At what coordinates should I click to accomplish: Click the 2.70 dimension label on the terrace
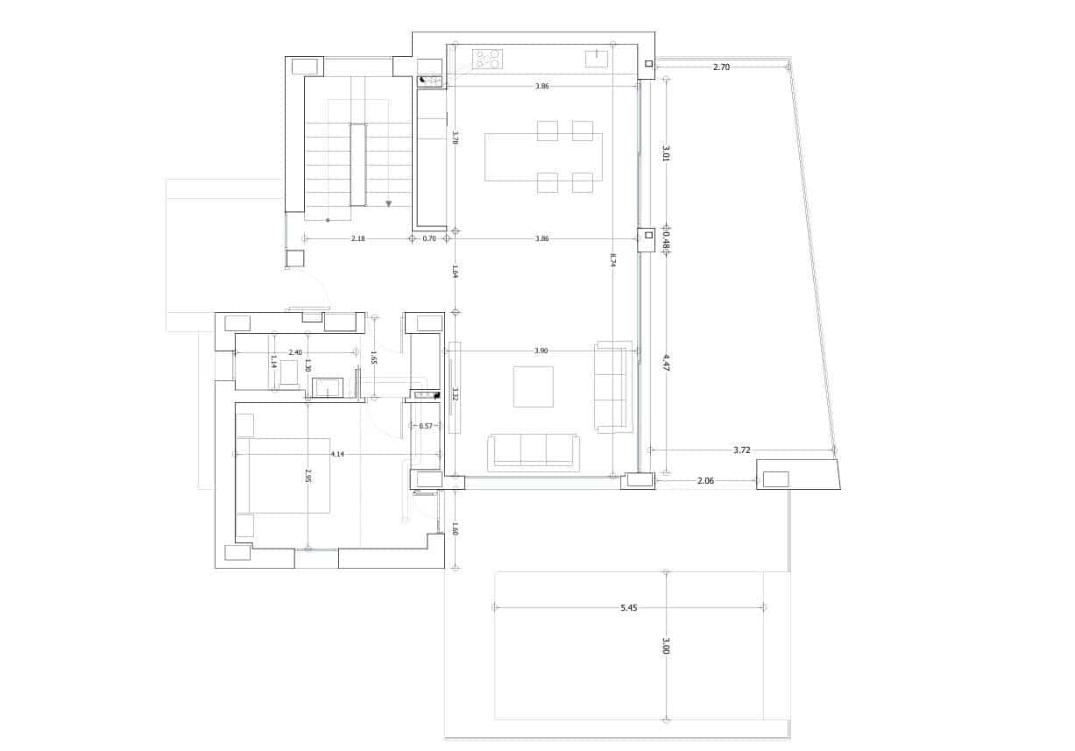(x=721, y=67)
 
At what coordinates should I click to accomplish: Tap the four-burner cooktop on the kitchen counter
(x=487, y=59)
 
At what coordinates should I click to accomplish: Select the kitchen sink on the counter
(x=597, y=58)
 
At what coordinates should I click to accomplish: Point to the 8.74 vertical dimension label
(x=612, y=259)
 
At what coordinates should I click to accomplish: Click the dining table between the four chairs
(x=543, y=157)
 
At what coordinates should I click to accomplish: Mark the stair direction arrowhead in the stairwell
(x=388, y=203)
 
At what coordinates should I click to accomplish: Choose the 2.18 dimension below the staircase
(x=357, y=238)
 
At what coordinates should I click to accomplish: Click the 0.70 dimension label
(x=429, y=238)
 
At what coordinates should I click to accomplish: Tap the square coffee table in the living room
(x=534, y=386)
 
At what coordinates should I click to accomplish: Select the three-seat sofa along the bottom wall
(x=534, y=450)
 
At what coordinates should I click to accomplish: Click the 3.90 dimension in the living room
(x=541, y=351)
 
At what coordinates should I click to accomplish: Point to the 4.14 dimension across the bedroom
(x=337, y=454)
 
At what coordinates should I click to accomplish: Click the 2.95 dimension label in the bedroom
(x=308, y=476)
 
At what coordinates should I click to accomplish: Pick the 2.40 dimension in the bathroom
(x=295, y=352)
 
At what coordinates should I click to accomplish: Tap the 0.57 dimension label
(x=426, y=426)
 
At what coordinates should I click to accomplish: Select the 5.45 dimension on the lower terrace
(x=628, y=607)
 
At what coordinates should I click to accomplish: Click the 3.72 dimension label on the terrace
(x=741, y=450)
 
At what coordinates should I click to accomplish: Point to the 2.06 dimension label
(x=706, y=480)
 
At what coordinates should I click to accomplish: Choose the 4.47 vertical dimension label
(x=666, y=363)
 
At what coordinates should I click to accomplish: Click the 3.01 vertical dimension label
(x=666, y=154)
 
